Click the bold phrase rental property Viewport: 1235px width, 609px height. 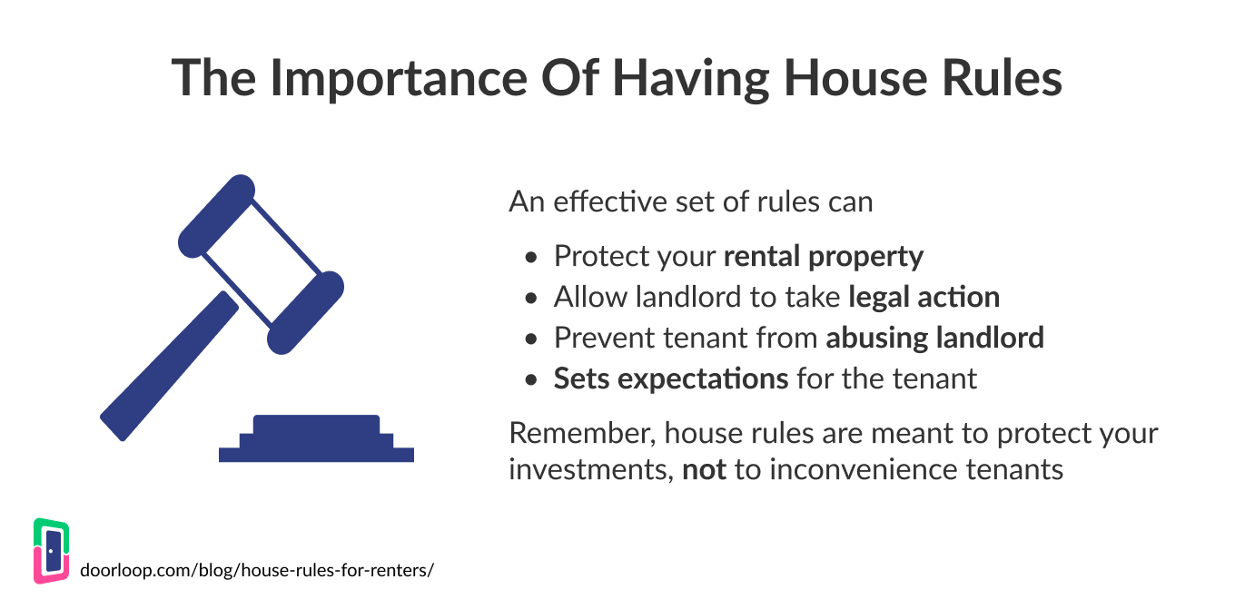(x=823, y=257)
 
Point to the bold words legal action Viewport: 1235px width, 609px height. (x=924, y=298)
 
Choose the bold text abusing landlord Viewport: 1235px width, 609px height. (x=934, y=339)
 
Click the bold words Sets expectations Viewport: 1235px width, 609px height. (x=671, y=378)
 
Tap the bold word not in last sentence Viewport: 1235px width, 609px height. (x=704, y=470)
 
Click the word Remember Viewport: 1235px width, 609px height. (x=578, y=433)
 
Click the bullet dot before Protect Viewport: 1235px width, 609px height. (x=532, y=258)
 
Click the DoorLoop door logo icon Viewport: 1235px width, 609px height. (x=52, y=551)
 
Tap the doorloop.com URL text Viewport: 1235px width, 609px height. (x=257, y=571)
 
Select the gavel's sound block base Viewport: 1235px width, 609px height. (x=316, y=439)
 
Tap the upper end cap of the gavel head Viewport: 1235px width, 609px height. (x=217, y=215)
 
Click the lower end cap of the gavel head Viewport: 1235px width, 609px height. (x=306, y=311)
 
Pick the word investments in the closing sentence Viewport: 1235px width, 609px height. (x=590, y=470)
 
